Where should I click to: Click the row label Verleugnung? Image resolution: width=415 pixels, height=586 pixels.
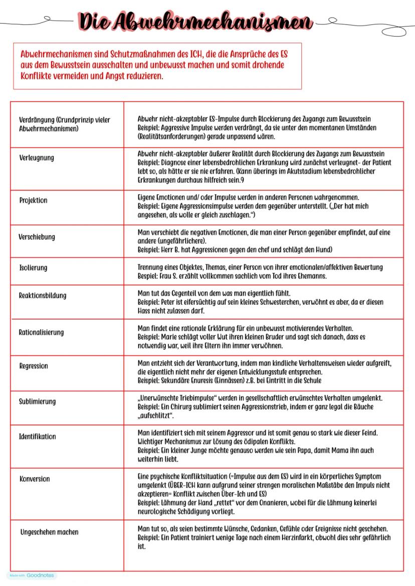[37, 158]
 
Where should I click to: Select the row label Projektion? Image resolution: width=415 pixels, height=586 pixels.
[33, 200]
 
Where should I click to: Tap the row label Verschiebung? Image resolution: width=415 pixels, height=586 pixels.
[37, 237]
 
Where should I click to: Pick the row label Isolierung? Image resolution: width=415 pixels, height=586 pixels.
[33, 268]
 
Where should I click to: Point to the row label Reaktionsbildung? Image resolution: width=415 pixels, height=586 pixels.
[43, 295]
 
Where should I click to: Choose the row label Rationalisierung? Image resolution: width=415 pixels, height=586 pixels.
[41, 332]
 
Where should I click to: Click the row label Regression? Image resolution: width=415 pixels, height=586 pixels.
[34, 366]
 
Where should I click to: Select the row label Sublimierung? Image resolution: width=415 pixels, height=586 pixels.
[38, 401]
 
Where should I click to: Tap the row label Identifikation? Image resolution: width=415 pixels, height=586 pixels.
[38, 436]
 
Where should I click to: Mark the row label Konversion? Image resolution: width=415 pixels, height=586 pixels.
[35, 479]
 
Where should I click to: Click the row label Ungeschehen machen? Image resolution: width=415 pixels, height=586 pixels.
[49, 532]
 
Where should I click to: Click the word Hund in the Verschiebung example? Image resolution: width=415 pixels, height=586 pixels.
[322, 249]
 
